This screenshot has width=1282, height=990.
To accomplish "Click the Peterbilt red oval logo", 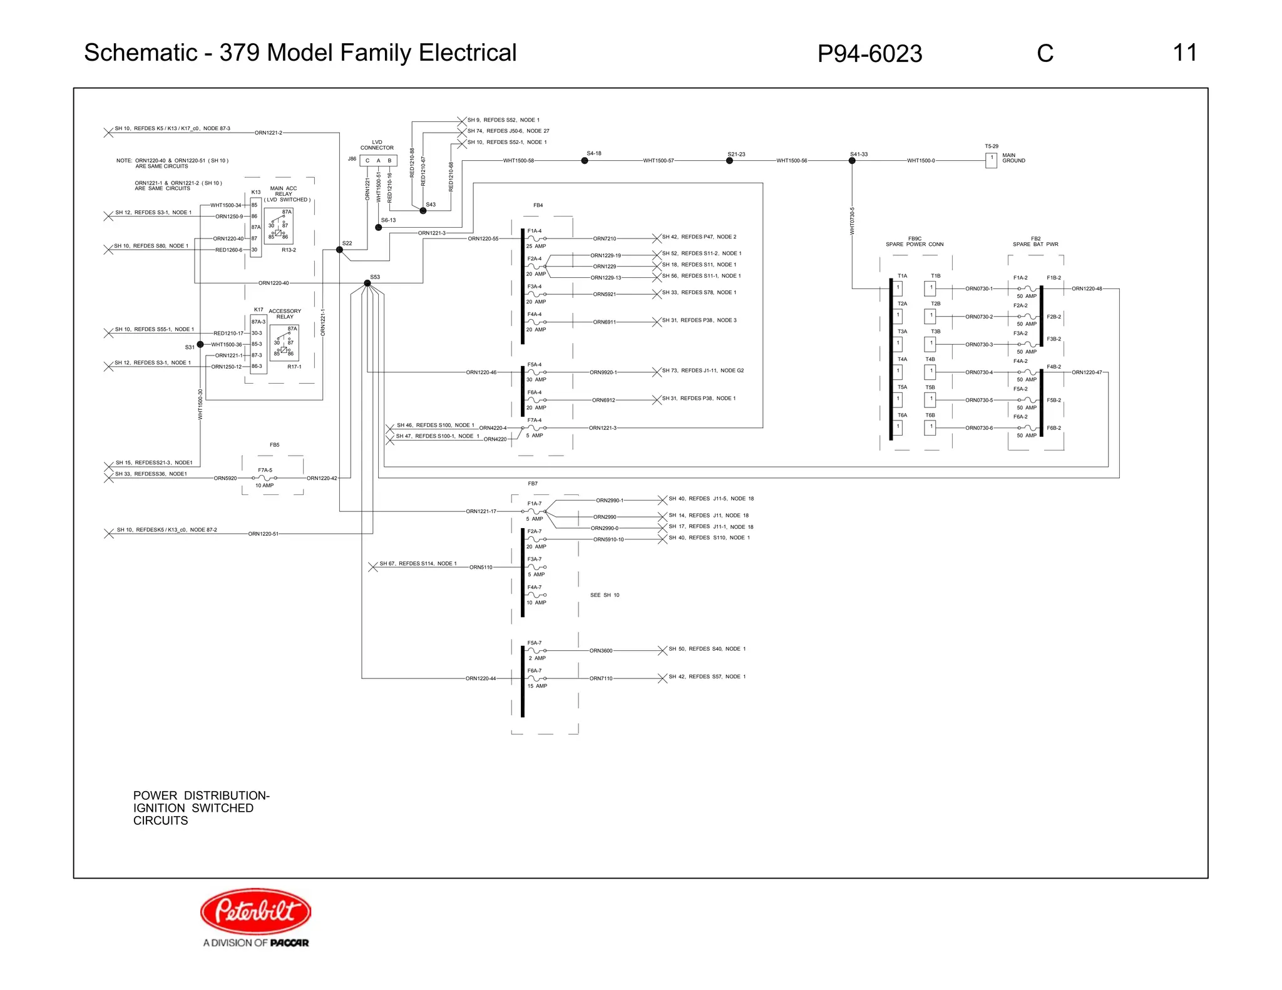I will [255, 911].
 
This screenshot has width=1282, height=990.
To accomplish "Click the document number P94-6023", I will [869, 54].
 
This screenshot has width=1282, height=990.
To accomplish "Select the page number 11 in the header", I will [1184, 53].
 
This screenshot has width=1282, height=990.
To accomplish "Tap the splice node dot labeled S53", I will [367, 283].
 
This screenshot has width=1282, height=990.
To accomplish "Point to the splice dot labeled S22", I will [339, 250].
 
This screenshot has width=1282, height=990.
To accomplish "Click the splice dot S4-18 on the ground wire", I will [585, 161].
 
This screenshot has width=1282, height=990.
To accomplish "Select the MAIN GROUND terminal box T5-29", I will [991, 160].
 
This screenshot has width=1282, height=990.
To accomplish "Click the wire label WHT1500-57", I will [659, 161].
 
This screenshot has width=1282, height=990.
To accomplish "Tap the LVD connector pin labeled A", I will [378, 161].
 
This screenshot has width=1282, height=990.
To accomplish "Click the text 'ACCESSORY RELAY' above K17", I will [285, 314].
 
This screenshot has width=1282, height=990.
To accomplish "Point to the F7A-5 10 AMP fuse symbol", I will [265, 478].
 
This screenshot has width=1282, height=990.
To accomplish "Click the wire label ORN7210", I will [605, 238].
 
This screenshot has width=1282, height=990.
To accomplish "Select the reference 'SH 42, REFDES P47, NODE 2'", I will [699, 237].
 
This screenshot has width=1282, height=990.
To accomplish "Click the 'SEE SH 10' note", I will [605, 595].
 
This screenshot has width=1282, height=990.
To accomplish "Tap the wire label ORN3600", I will [601, 651].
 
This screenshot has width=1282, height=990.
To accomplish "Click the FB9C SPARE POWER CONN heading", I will [915, 242].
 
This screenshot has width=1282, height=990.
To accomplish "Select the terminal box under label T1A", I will [898, 288].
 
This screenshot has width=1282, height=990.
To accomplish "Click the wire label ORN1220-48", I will [1087, 289].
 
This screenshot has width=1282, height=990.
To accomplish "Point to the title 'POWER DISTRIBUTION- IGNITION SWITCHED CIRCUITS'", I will [201, 808].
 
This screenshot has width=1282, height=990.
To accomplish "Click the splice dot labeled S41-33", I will [852, 161].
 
